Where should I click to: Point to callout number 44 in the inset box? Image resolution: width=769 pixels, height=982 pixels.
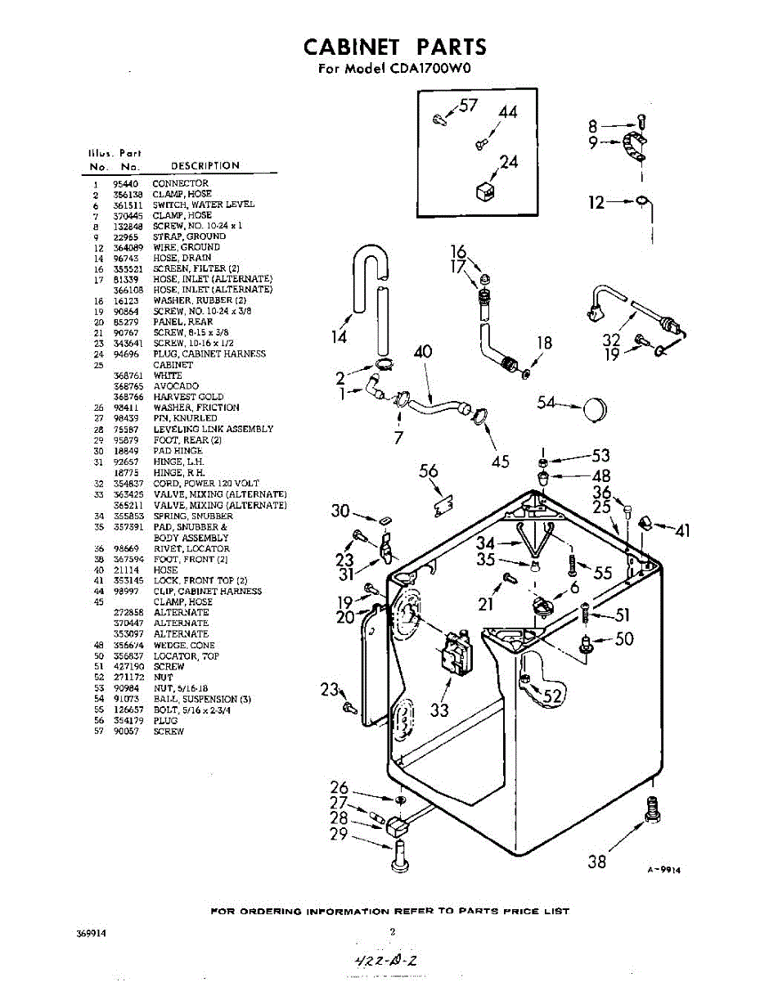[x=508, y=112]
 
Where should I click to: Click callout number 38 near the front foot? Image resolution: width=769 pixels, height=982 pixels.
[x=597, y=860]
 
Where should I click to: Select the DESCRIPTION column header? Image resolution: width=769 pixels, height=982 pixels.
[x=205, y=166]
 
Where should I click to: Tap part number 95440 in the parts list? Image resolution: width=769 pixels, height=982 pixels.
[x=126, y=183]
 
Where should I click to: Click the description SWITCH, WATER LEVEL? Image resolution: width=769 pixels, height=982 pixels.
[x=204, y=205]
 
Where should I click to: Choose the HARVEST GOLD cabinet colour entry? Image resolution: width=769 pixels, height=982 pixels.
[x=188, y=397]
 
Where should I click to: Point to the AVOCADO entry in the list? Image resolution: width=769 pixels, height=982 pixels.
[x=176, y=386]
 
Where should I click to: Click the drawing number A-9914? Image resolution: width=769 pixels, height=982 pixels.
[x=663, y=870]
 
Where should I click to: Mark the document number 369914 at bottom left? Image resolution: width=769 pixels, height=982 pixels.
[x=91, y=931]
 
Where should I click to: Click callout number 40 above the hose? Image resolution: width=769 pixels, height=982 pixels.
[x=423, y=353]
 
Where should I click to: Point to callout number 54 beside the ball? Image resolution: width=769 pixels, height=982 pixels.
[x=546, y=402]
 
